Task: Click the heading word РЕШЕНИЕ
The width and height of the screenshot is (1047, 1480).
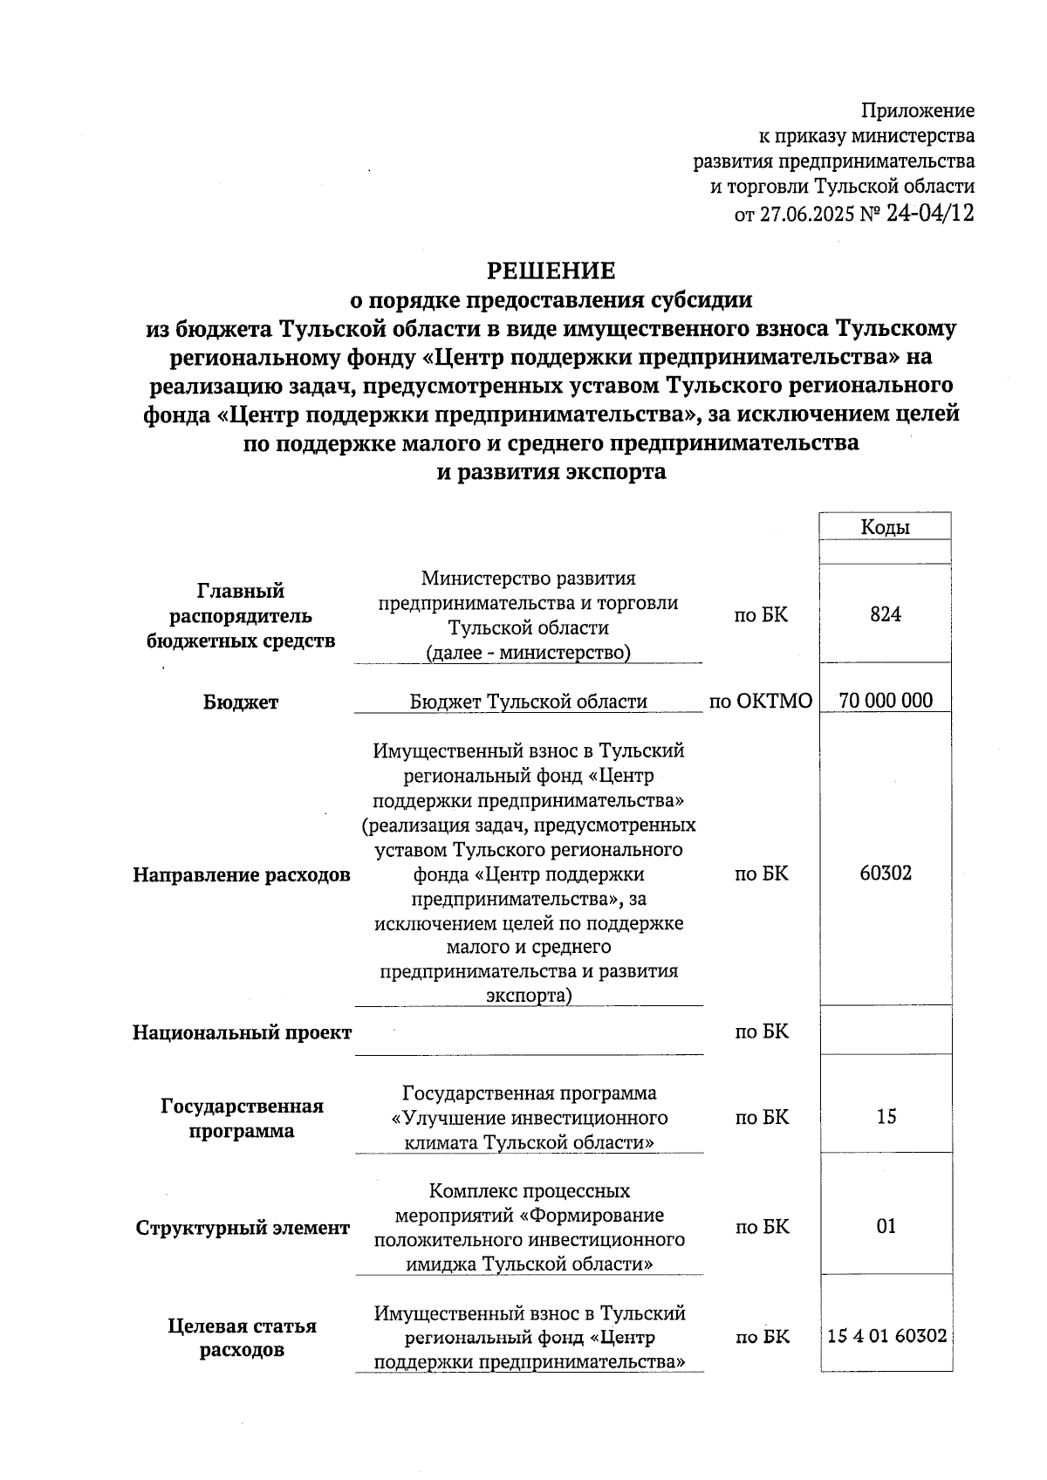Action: pyautogui.click(x=551, y=271)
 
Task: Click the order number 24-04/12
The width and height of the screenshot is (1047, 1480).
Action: pyautogui.click(x=929, y=213)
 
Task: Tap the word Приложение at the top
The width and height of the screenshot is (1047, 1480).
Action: pyautogui.click(x=918, y=111)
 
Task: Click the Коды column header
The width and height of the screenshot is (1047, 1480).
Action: pyautogui.click(x=885, y=527)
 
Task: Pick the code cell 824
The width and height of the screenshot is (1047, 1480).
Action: pyautogui.click(x=885, y=614)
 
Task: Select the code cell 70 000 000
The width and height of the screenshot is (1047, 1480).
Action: pyautogui.click(x=885, y=700)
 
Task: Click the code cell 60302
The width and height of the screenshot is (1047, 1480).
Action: pyautogui.click(x=885, y=873)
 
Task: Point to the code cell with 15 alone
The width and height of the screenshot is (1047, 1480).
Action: pyautogui.click(x=885, y=1116)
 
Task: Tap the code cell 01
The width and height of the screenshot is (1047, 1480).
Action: pyautogui.click(x=885, y=1226)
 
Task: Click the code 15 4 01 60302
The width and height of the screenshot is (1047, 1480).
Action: pyautogui.click(x=886, y=1335)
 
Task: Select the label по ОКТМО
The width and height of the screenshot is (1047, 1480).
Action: pyautogui.click(x=761, y=701)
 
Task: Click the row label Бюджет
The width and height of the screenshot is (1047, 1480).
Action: pyautogui.click(x=241, y=702)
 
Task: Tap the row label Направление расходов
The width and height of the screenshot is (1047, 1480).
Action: pyautogui.click(x=241, y=874)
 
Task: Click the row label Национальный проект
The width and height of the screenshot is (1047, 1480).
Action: pyautogui.click(x=242, y=1032)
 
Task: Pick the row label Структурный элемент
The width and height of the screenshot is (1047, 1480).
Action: pyautogui.click(x=242, y=1228)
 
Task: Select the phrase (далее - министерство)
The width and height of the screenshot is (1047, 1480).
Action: pyautogui.click(x=528, y=652)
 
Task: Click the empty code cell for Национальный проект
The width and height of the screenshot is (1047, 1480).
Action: pyautogui.click(x=885, y=1031)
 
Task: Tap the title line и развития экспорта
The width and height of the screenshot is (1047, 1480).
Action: pyautogui.click(x=551, y=472)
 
